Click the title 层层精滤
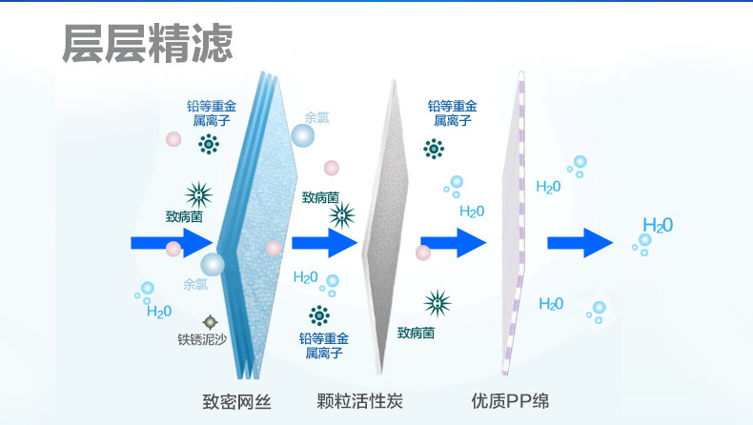(x=147, y=43)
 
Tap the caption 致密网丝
(x=237, y=401)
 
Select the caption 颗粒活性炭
(x=360, y=401)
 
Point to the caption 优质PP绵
(x=510, y=401)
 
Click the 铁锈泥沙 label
(x=203, y=338)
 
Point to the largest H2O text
(x=658, y=226)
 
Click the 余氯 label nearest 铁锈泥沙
(x=195, y=284)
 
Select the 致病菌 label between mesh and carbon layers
(x=320, y=197)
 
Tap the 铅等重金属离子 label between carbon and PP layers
(x=453, y=112)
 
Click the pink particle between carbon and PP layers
(x=424, y=253)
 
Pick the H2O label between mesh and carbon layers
(x=305, y=277)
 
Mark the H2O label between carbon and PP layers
(x=472, y=212)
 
